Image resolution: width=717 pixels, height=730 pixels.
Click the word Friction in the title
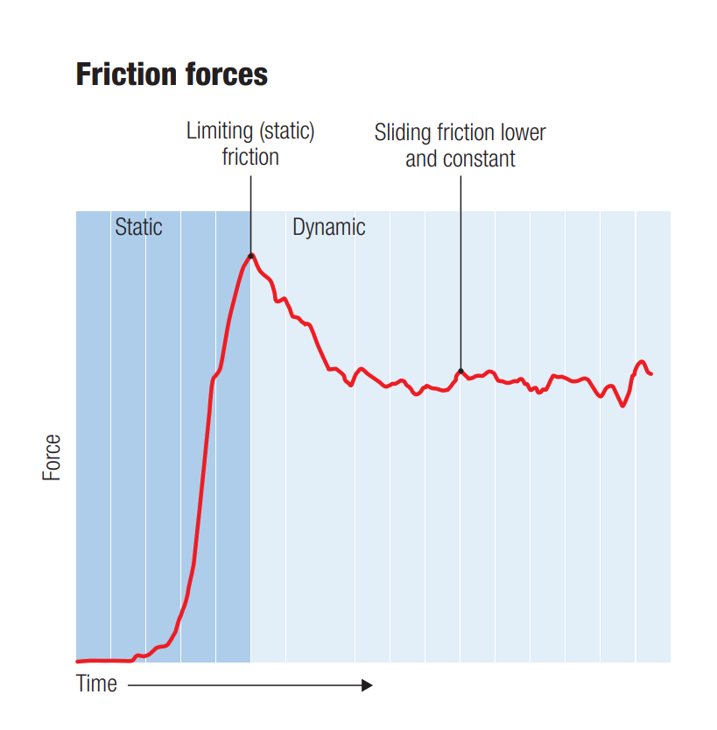(123, 74)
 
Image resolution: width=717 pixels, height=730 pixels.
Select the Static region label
(138, 228)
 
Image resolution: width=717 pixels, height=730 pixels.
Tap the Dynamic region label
(328, 228)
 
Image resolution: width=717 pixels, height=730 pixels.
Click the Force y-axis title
(53, 457)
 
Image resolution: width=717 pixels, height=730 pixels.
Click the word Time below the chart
(96, 684)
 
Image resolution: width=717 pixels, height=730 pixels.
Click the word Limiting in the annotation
(218, 132)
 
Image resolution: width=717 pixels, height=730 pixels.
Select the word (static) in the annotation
(285, 132)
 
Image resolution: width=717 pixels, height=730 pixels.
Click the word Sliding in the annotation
(404, 133)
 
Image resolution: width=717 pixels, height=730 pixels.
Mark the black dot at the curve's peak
(251, 256)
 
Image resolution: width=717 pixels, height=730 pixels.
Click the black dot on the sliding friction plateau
(460, 372)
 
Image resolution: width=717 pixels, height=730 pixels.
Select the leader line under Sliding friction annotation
(460, 263)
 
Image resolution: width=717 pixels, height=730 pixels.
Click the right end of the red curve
(651, 374)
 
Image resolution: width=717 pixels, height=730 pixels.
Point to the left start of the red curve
(78, 661)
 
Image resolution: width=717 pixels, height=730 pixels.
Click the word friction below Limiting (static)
(250, 158)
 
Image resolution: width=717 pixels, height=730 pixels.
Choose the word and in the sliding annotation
(421, 159)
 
